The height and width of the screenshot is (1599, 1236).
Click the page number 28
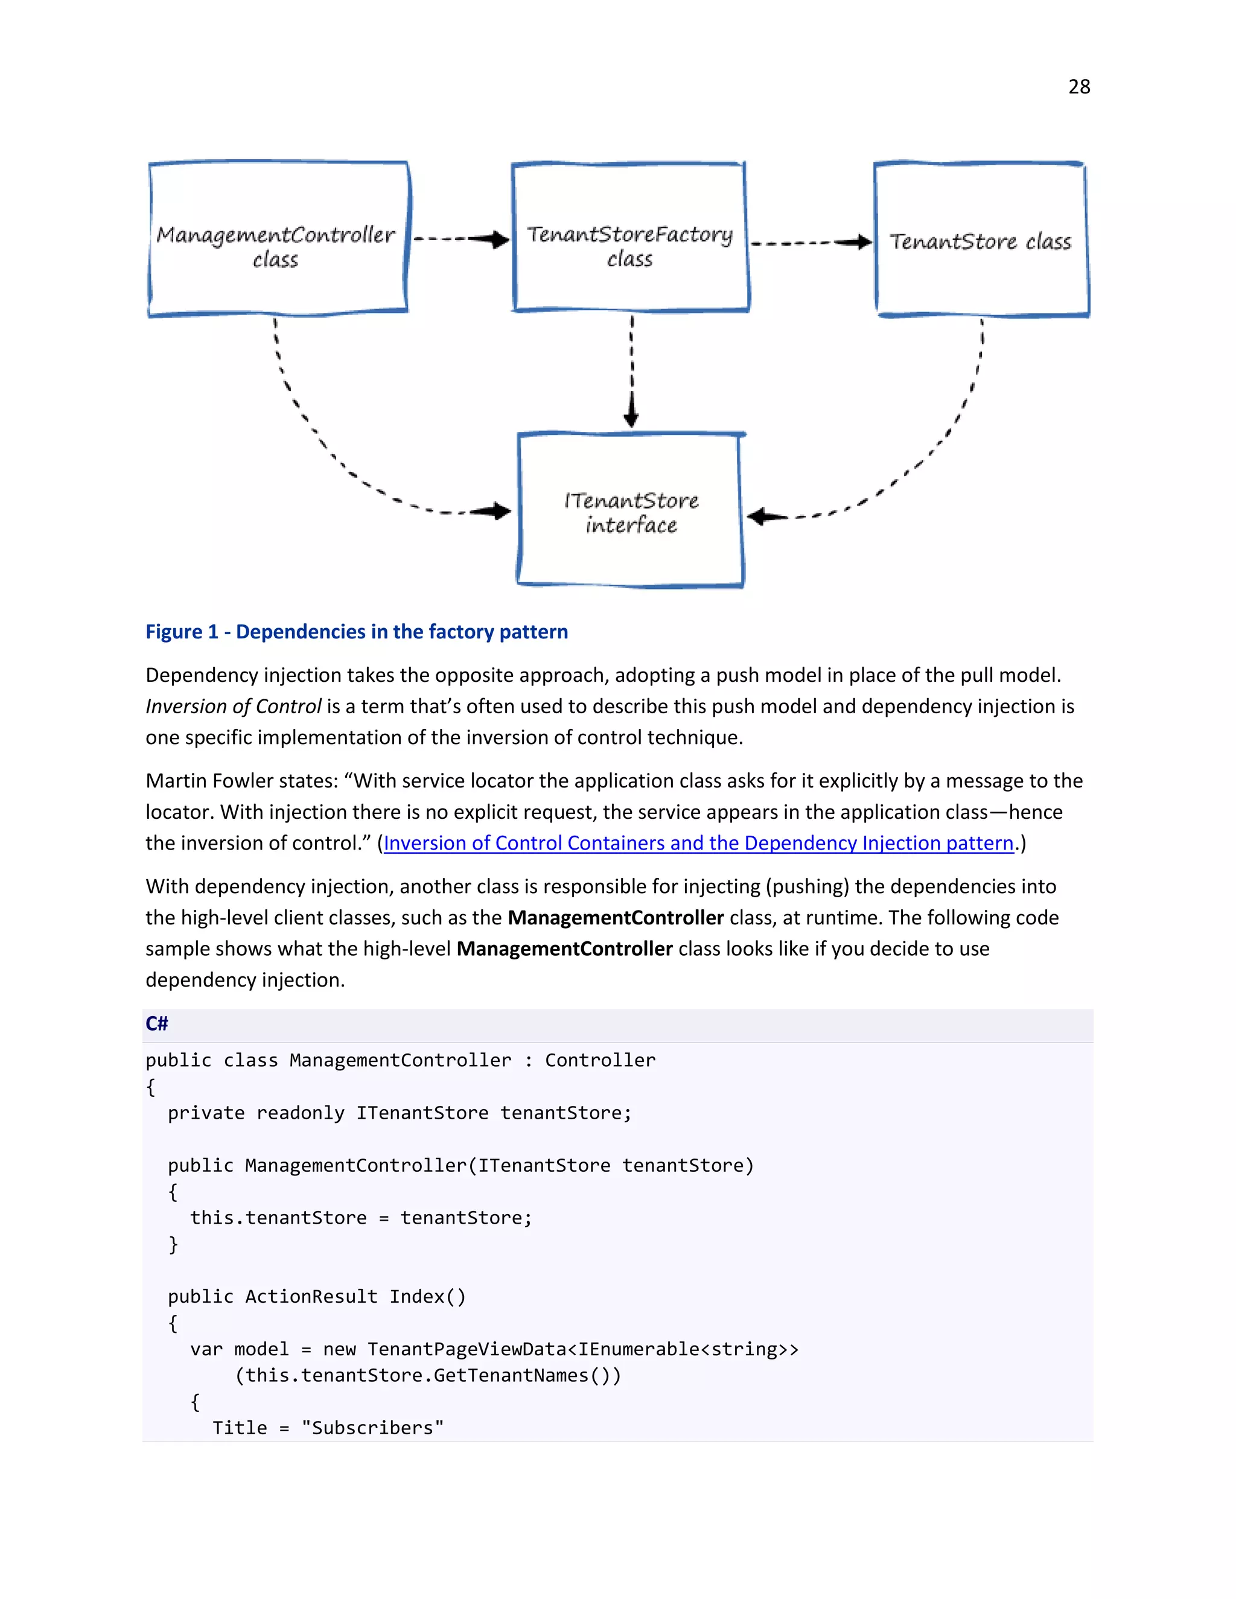pyautogui.click(x=1078, y=87)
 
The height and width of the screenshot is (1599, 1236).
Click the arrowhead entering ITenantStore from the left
pyautogui.click(x=499, y=511)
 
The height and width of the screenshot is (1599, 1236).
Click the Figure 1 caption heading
pyautogui.click(x=357, y=632)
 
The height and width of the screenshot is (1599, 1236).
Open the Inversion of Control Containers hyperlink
pyautogui.click(x=698, y=844)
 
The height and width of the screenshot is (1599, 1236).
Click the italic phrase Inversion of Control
pyautogui.click(x=233, y=707)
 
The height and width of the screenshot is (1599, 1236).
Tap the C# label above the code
pyautogui.click(x=157, y=1023)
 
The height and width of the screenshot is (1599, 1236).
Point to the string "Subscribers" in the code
pyautogui.click(x=372, y=1428)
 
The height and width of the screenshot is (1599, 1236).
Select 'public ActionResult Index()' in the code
pyautogui.click(x=316, y=1297)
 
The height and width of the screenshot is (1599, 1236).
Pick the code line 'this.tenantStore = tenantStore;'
pyautogui.click(x=360, y=1218)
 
